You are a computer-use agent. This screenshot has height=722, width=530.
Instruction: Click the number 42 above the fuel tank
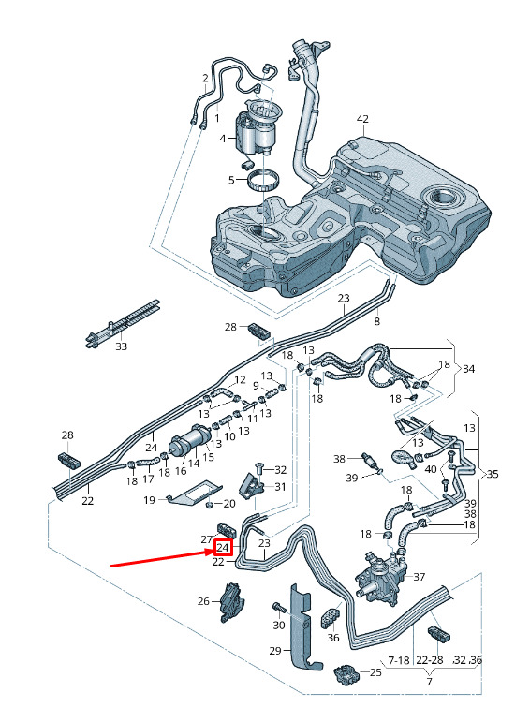click(362, 119)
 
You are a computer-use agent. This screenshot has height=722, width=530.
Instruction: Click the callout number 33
click(121, 346)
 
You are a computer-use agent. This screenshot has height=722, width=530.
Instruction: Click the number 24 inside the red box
click(223, 548)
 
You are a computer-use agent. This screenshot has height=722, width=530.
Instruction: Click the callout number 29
click(275, 651)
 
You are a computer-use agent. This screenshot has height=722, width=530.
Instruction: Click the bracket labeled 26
click(233, 601)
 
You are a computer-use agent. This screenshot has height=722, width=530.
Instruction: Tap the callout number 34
click(468, 369)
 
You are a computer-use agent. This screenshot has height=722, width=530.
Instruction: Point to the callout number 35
click(493, 474)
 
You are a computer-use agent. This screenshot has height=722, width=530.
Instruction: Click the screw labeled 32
click(259, 469)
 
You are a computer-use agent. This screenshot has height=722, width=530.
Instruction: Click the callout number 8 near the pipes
click(377, 321)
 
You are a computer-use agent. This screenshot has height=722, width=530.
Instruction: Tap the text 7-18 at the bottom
click(399, 660)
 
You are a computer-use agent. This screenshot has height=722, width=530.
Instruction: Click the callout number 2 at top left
click(205, 79)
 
